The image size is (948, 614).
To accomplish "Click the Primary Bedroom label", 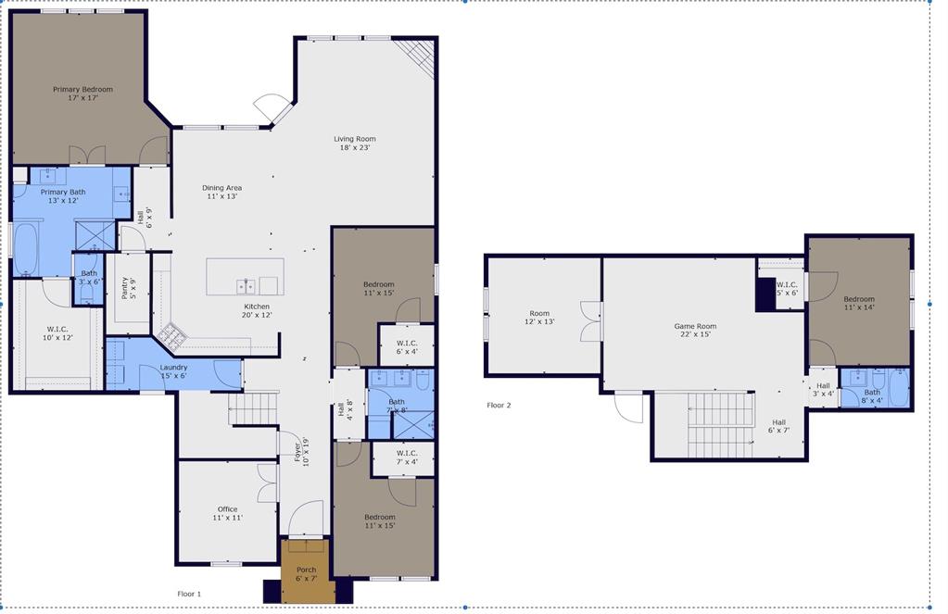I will coord(82,94).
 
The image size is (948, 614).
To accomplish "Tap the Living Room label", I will coord(355,143).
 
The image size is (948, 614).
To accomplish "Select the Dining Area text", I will coord(221,192).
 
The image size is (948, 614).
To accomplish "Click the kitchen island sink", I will coord(246,285).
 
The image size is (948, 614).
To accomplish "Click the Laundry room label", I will coord(173,372).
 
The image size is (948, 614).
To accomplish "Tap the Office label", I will coord(227,513).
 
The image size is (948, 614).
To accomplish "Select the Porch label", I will coord(306,574).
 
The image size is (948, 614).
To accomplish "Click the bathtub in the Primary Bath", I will coord(25,249).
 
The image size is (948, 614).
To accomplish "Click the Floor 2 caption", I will coord(499,406).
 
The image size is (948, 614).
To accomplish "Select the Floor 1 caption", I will coord(189,594).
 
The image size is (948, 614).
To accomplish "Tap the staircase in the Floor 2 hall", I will coord(722,424).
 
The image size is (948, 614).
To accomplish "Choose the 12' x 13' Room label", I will coord(539,318).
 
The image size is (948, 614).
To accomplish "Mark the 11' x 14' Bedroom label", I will coord(858,304).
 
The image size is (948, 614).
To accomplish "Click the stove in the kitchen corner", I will coord(170,333).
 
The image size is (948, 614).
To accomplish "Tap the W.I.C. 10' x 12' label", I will coord(57,333).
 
